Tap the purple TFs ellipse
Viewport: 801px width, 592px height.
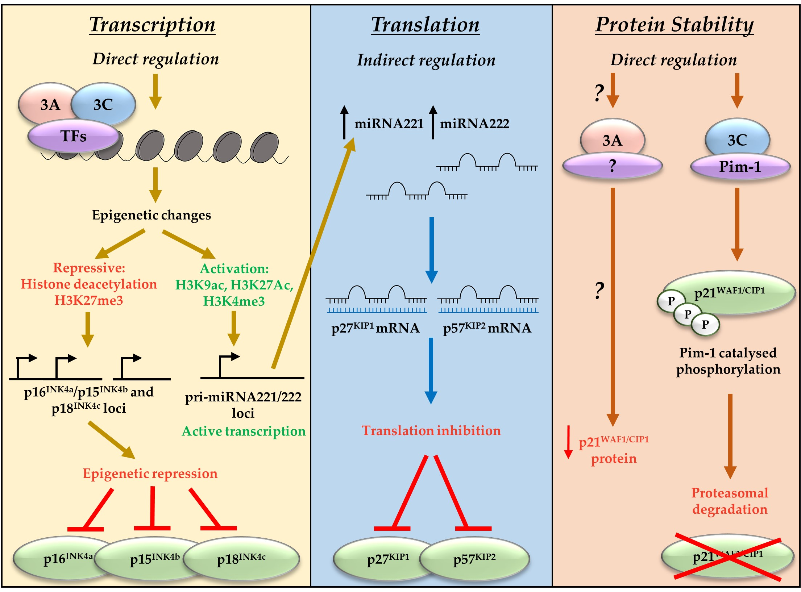point(73,136)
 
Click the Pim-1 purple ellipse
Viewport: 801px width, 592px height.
point(740,167)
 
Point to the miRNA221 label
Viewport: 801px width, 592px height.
point(389,124)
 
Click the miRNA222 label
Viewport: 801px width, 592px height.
point(474,124)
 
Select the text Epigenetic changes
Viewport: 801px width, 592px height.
point(152,215)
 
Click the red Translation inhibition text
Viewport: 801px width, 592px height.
point(431,430)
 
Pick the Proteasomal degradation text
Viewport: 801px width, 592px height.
point(730,501)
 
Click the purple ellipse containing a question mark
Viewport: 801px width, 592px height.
point(613,166)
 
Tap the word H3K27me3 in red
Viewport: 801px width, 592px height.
point(89,300)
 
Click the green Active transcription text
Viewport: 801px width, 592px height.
point(244,431)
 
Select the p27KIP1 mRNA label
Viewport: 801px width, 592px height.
point(375,328)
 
